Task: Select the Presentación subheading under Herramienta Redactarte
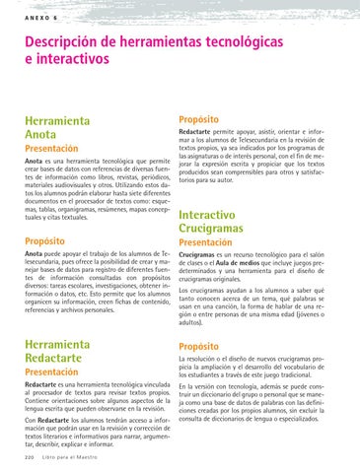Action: click(52, 373)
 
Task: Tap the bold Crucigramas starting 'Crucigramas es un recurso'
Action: click(203, 254)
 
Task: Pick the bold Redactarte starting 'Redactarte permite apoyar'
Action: click(200, 130)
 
